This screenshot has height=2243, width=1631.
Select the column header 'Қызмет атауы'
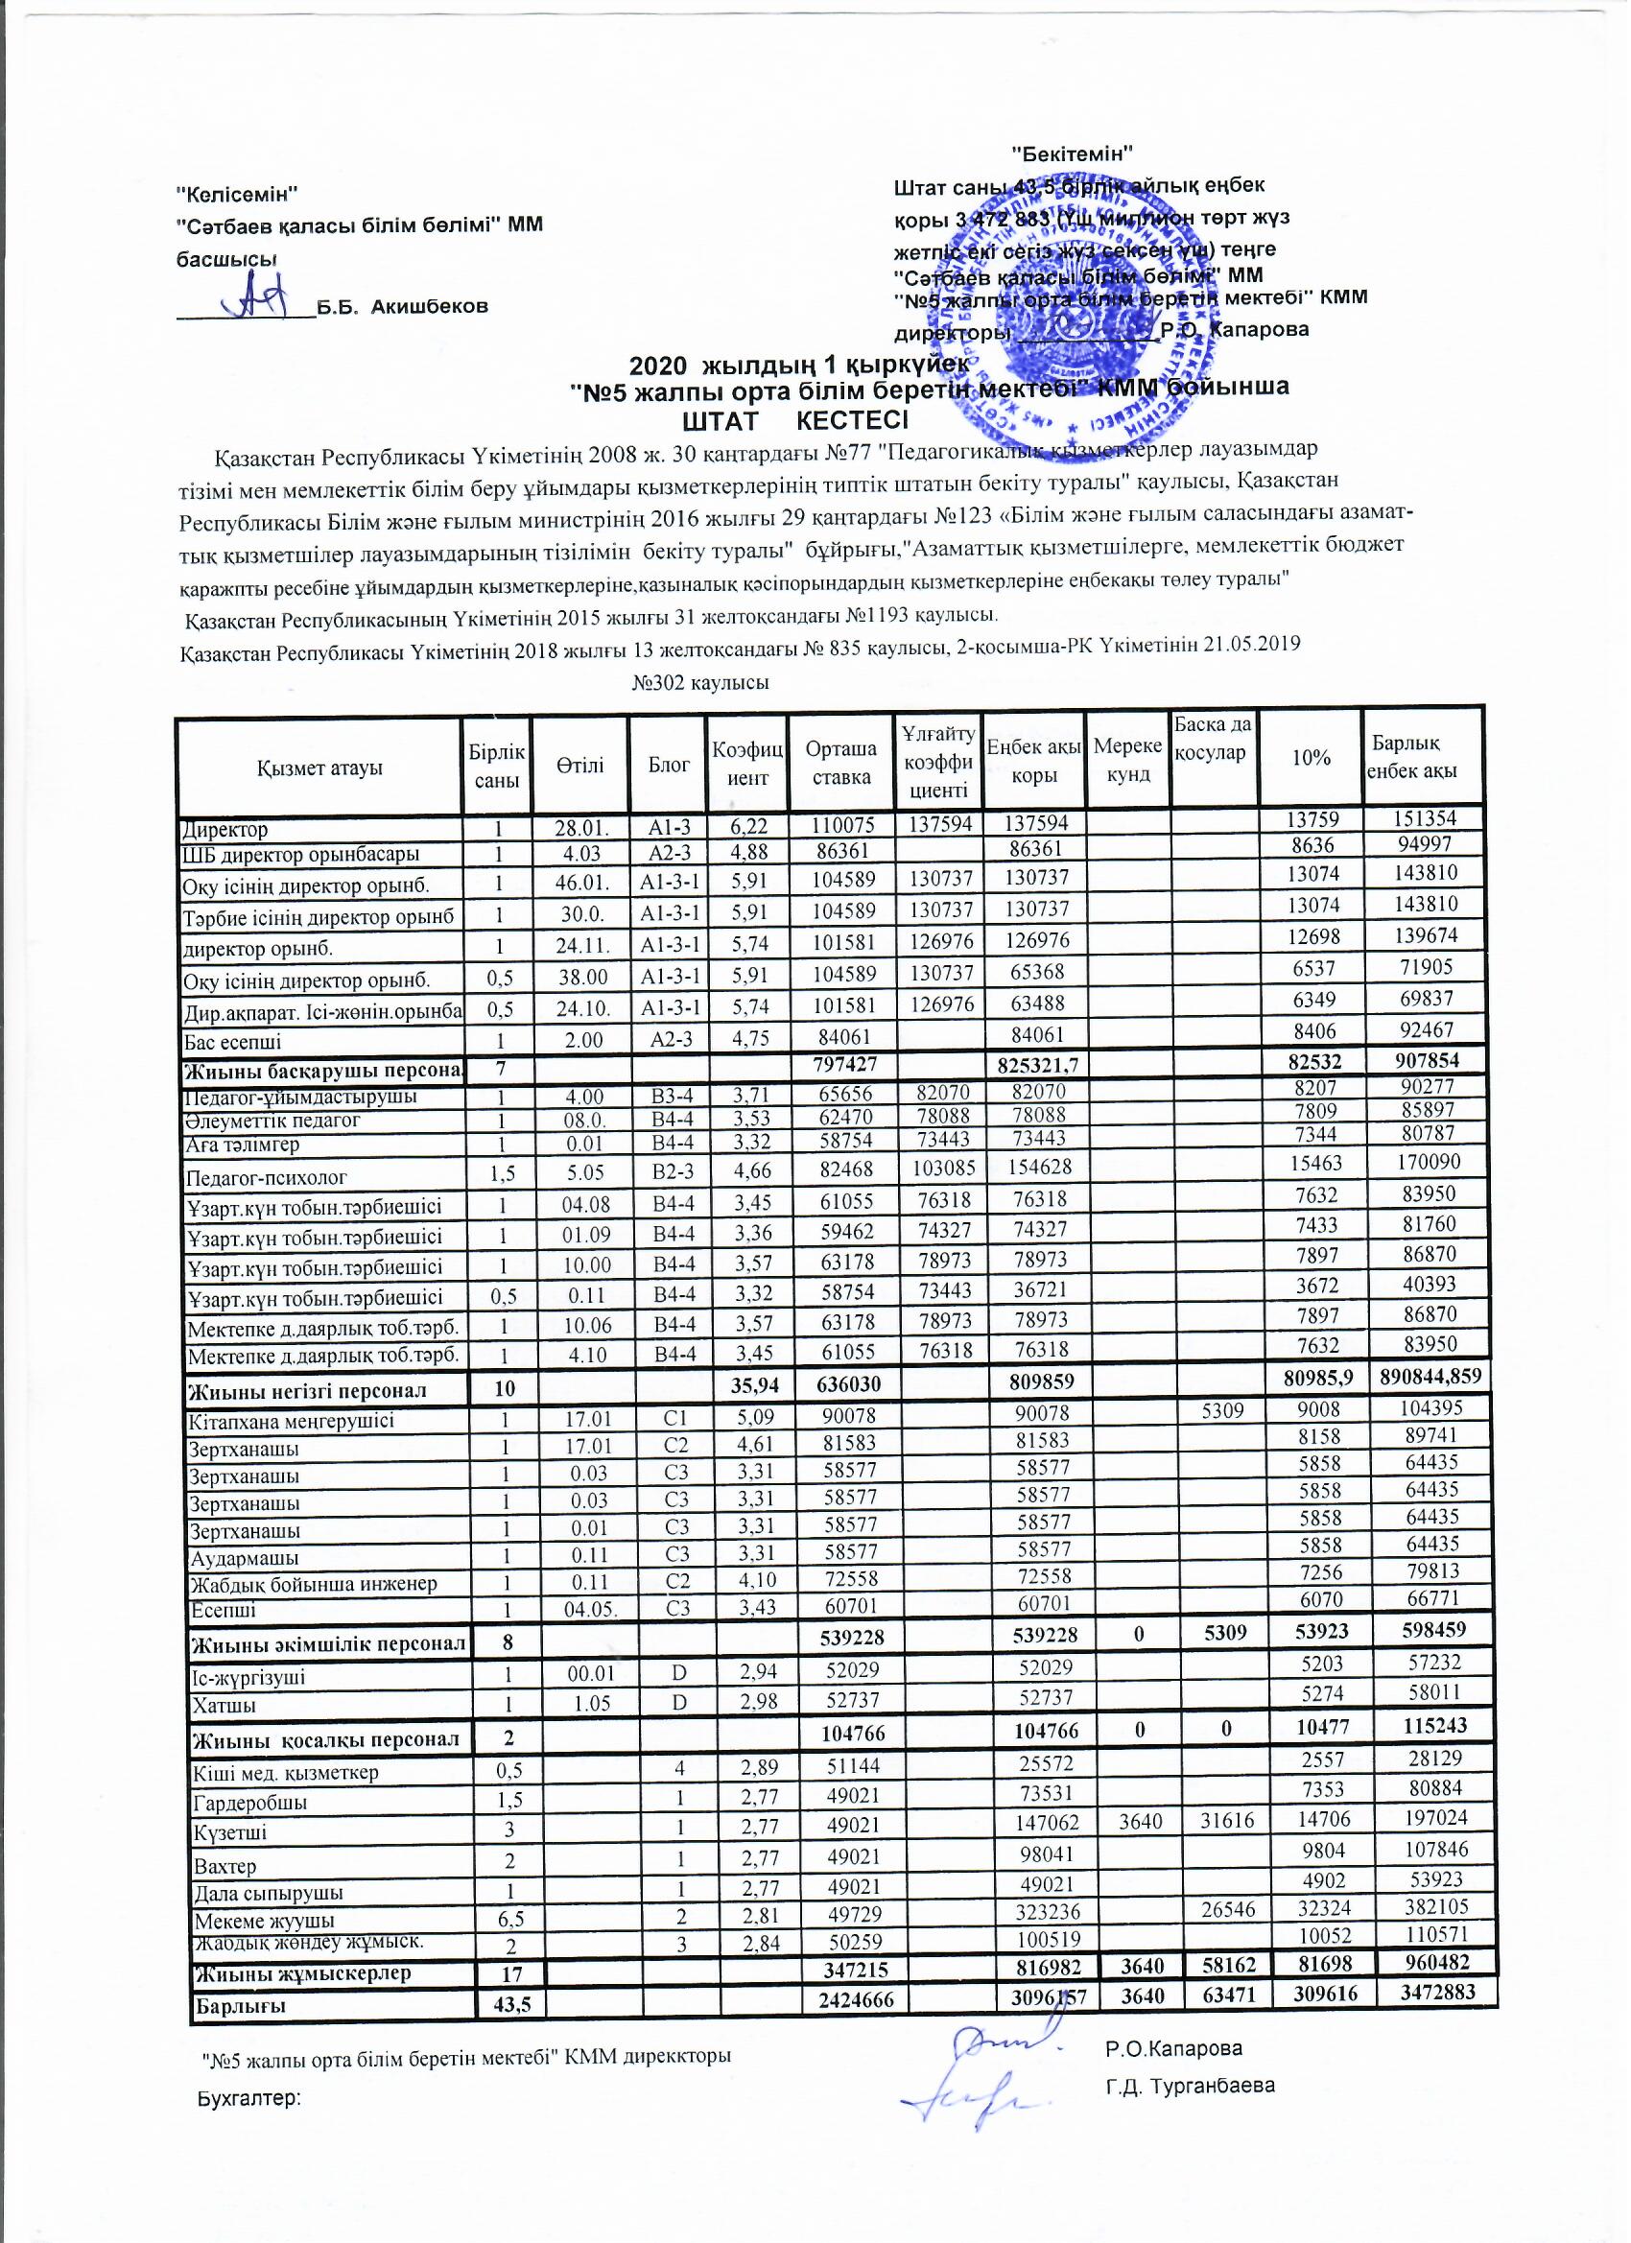coord(319,768)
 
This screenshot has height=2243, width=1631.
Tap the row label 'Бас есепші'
coord(233,1042)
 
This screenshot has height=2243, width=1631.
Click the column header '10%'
coord(1311,759)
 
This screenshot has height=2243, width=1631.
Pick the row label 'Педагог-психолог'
coord(267,1178)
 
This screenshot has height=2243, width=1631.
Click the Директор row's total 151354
coord(1422,823)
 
